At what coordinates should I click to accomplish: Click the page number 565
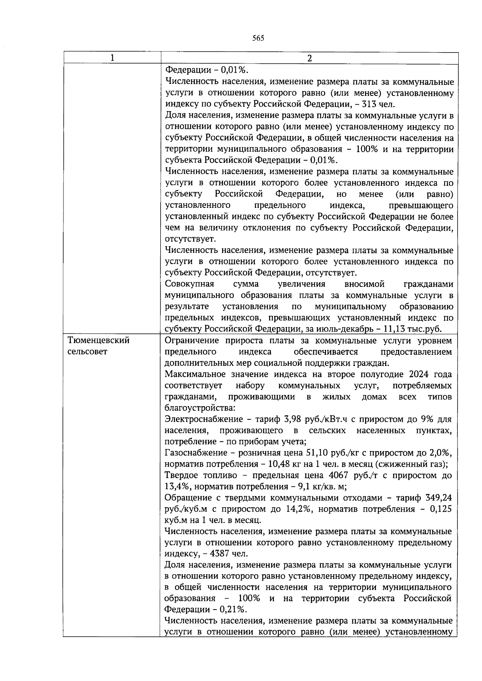coord(258,39)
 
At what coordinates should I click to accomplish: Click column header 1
coord(112,58)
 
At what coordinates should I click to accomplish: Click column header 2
coord(309,58)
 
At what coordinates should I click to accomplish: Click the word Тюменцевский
coord(99,341)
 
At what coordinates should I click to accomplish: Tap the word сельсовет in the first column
coord(88,352)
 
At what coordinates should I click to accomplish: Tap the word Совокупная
coord(190,284)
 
